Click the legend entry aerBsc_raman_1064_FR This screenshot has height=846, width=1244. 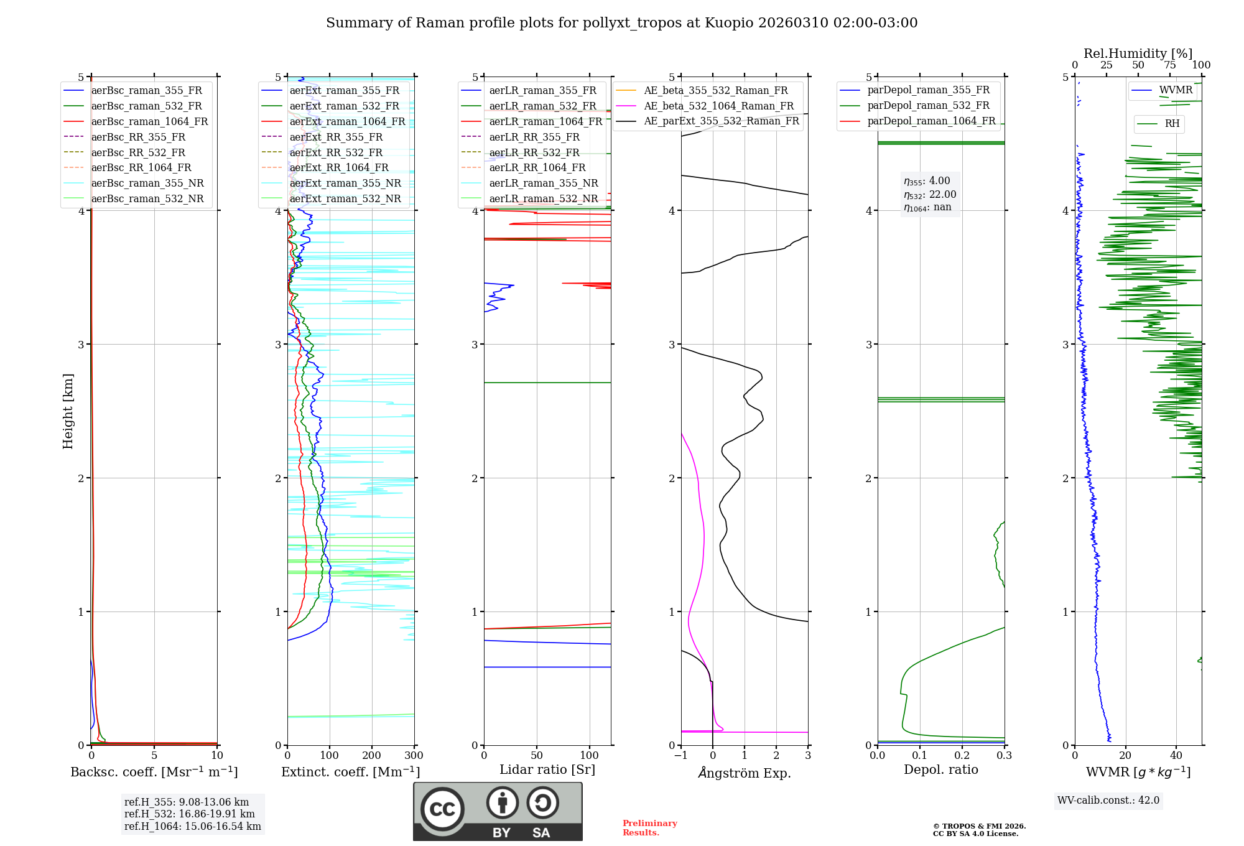tap(149, 121)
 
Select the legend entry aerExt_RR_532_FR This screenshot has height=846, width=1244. tap(336, 152)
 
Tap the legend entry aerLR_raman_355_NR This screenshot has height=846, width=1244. tap(543, 183)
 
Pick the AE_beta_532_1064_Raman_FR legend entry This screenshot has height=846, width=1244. tap(718, 106)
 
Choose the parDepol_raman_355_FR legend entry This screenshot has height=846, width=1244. tap(928, 90)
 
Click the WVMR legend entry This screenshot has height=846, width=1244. tap(1175, 90)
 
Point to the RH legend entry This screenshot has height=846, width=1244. tap(1172, 124)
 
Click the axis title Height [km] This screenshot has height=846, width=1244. tap(68, 411)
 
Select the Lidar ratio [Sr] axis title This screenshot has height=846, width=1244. tap(547, 769)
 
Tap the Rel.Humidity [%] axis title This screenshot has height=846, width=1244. tap(1138, 53)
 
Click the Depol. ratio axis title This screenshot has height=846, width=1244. tap(940, 769)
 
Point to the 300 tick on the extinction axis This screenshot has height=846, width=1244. tap(414, 756)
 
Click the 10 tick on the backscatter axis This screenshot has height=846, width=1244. tap(217, 756)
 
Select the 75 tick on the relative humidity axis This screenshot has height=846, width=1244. tap(1170, 65)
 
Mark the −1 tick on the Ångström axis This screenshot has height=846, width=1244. tap(680, 756)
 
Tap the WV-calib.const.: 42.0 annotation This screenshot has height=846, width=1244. tap(1108, 800)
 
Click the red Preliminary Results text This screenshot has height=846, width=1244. tap(649, 828)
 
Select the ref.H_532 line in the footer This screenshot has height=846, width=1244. tap(189, 814)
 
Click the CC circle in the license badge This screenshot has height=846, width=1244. tap(442, 809)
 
